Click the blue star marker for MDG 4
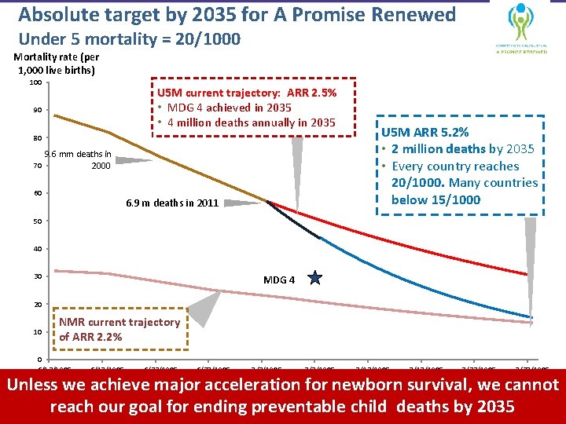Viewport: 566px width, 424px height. click(x=315, y=277)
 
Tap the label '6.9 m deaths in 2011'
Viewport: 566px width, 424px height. click(x=172, y=203)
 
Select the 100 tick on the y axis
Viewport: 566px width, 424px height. click(x=35, y=82)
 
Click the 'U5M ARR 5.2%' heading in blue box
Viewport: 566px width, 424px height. click(x=425, y=132)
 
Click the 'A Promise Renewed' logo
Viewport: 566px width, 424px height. click(x=521, y=27)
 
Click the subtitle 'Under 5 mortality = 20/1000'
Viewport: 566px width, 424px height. click(x=129, y=39)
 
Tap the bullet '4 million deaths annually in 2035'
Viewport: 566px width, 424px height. click(x=249, y=122)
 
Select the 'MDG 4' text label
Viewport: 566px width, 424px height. click(x=279, y=279)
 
